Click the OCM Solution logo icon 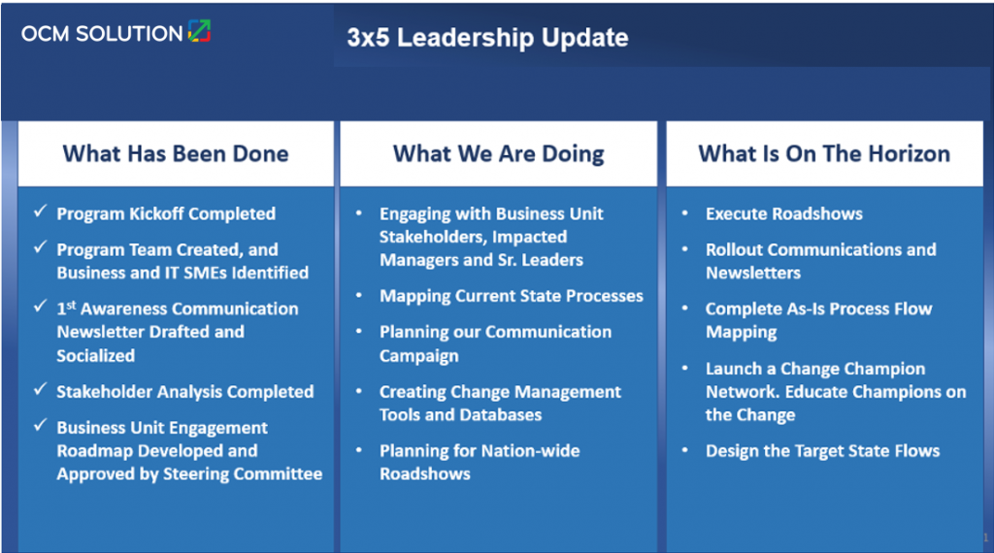199,31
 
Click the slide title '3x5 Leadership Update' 487,38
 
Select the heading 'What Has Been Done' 176,153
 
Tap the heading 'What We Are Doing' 498,153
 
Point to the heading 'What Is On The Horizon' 824,153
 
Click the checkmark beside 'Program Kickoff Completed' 39,211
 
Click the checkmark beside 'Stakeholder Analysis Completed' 39,390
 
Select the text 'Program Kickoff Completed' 166,213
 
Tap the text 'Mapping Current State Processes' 511,296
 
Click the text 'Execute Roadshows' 783,213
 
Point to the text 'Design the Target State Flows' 822,451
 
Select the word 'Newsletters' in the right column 753,274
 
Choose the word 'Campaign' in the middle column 419,356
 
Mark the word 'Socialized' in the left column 96,356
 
